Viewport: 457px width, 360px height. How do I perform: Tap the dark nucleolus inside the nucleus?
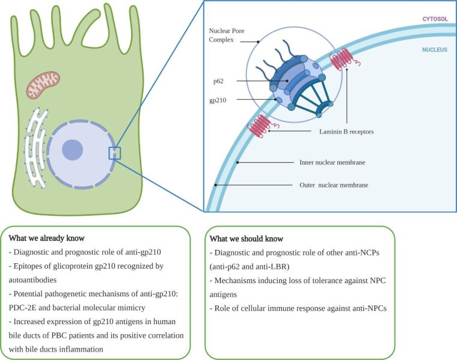pyautogui.click(x=73, y=150)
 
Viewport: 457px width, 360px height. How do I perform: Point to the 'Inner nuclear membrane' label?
pyautogui.click(x=333, y=162)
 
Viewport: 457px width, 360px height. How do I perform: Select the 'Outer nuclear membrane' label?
pyautogui.click(x=333, y=186)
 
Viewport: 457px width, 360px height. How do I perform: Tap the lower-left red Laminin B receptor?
pyautogui.click(x=261, y=126)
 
